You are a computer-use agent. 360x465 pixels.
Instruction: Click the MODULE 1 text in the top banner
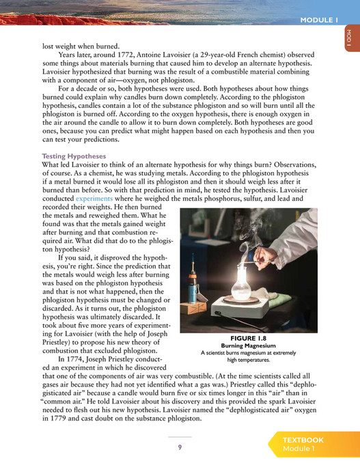coord(318,20)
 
